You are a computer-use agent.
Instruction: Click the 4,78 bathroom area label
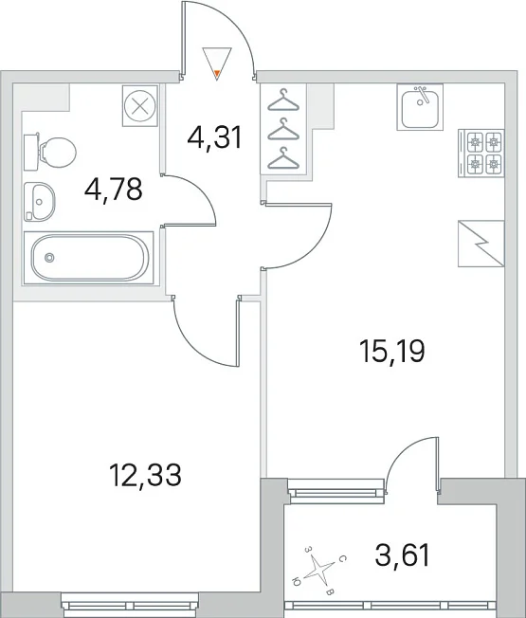coord(113,190)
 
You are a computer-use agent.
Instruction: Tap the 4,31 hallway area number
coord(214,138)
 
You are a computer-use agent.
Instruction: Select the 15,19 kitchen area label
coord(392,352)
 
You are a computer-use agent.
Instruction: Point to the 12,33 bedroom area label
coord(145,475)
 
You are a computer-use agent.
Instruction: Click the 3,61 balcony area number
coord(402,554)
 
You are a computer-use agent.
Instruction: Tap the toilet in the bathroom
coord(49,153)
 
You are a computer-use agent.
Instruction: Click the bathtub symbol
coord(89,258)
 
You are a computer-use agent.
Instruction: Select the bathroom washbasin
coord(40,202)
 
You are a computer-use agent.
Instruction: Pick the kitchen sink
coord(420,107)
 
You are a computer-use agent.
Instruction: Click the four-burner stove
coord(481,153)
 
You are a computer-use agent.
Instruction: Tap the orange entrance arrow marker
coord(217,73)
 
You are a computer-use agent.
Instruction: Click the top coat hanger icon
coord(283,100)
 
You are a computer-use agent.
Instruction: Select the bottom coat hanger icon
coord(283,158)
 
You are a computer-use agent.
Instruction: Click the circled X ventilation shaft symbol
coord(140,106)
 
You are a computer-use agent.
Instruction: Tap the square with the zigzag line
coord(481,244)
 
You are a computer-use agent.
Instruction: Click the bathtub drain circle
coord(49,258)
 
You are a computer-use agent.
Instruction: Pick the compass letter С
coord(343,559)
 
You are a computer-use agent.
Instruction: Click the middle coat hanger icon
coord(283,129)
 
